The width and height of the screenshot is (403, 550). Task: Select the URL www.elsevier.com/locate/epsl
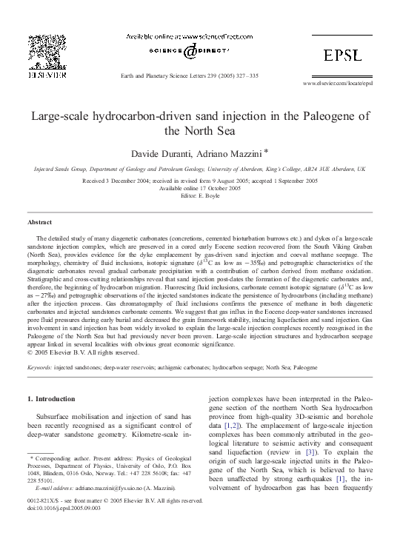click(339, 84)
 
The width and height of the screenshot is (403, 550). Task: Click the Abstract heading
click(39, 222)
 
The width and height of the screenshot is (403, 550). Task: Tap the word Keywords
click(39, 366)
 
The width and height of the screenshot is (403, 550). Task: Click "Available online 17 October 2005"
click(201, 188)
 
